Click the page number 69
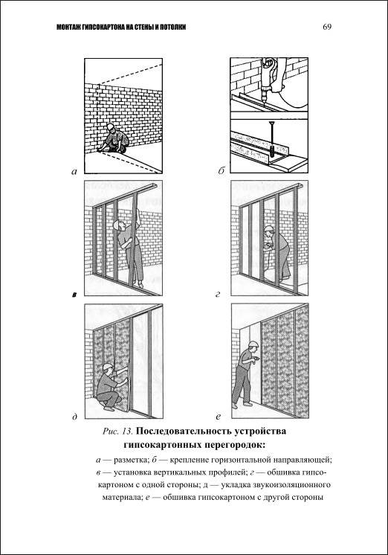[x=327, y=27]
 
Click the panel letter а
[x=74, y=172]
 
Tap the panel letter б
[x=222, y=171]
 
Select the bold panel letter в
[x=74, y=294]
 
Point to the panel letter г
[x=218, y=294]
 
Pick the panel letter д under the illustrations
[x=74, y=417]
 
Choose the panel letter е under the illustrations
[x=219, y=417]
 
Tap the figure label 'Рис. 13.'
[x=117, y=432]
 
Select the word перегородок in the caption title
[x=235, y=444]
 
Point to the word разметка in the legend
[x=131, y=460]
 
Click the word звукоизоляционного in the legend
[x=293, y=484]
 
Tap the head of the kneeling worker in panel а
[x=111, y=127]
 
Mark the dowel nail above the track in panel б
[x=271, y=136]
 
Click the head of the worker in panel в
[x=118, y=225]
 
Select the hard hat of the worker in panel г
[x=269, y=228]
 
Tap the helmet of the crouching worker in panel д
[x=107, y=366]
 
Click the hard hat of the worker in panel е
[x=253, y=344]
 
